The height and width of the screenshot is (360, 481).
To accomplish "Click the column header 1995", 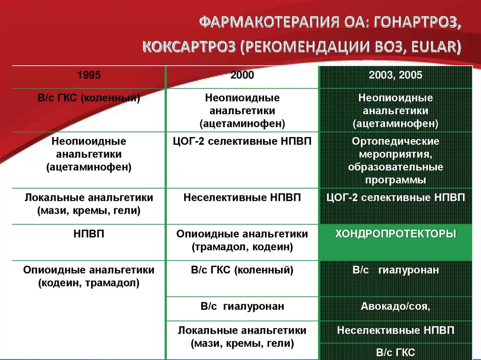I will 89,76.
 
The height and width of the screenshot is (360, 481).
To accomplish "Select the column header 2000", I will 242,76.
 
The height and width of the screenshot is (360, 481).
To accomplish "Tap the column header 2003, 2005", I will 396,76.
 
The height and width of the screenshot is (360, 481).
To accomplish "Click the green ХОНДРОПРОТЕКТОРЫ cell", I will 396,234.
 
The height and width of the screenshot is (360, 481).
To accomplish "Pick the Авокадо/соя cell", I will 396,306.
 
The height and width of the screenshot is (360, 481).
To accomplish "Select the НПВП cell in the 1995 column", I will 89,234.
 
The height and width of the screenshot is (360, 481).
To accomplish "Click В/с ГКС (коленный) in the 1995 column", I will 89,99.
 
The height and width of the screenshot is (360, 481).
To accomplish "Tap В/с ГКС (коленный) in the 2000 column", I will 242,270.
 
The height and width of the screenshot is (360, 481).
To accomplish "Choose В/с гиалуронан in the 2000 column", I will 242,306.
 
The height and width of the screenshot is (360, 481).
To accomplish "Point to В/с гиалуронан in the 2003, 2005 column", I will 396,270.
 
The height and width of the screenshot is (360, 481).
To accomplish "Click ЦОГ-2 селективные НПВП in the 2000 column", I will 242,141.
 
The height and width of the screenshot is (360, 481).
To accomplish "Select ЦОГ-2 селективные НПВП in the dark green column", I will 396,197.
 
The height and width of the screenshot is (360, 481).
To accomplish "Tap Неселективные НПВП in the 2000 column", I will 242,197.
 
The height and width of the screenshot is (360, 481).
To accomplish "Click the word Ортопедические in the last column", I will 396,141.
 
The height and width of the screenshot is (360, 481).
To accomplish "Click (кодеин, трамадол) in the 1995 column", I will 89,283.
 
